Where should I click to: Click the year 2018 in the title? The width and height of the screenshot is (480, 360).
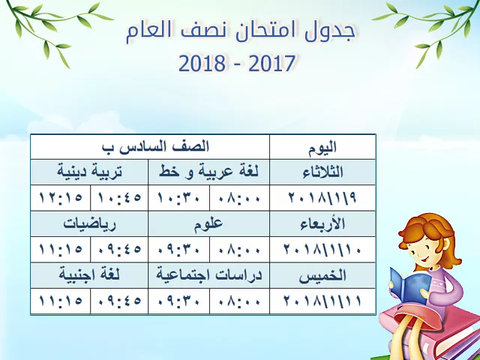[202, 63]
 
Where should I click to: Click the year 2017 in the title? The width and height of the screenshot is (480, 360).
[271, 63]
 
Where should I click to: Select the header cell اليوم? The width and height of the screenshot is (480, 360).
[322, 147]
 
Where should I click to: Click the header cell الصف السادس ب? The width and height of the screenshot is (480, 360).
[150, 147]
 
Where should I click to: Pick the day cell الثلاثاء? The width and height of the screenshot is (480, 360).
[322, 172]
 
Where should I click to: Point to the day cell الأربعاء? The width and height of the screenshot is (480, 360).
[322, 223]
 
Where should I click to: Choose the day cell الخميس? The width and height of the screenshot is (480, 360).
[322, 275]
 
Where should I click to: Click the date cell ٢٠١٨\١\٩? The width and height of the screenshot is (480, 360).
[322, 198]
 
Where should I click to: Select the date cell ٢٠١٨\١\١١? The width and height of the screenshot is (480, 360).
[322, 301]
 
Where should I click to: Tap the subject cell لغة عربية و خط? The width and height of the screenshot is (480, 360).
[208, 172]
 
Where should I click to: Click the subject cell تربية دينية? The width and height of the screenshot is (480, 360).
[89, 172]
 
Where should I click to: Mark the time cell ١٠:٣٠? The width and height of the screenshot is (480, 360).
[179, 198]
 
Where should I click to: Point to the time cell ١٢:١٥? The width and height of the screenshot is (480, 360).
[61, 198]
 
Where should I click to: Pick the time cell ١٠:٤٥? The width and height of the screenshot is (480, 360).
[119, 198]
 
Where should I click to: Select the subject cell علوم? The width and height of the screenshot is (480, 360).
[208, 223]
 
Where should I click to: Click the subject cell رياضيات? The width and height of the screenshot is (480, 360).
[89, 223]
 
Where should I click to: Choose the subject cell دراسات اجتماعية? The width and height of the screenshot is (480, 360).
[208, 275]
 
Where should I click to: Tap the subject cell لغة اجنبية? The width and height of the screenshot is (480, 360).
[89, 275]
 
